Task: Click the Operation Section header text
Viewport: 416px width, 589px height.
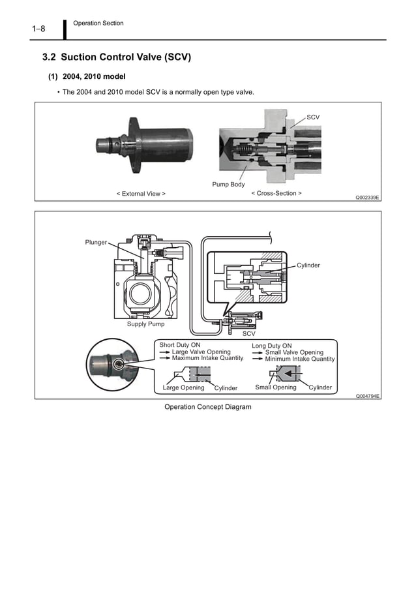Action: click(98, 23)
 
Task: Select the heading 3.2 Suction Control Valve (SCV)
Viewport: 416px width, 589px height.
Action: click(116, 57)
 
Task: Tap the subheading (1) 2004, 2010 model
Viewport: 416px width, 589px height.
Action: click(87, 77)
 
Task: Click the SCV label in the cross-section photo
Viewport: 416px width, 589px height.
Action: click(313, 117)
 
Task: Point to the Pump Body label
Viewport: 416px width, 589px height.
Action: click(228, 185)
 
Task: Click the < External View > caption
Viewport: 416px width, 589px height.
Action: click(141, 194)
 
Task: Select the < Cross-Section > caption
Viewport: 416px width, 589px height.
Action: click(276, 193)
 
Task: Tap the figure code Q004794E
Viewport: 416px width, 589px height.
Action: click(367, 396)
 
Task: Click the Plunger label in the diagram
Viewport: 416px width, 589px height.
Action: click(96, 243)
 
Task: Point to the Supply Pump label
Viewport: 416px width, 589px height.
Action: click(145, 324)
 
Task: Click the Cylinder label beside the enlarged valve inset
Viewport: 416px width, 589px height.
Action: click(308, 265)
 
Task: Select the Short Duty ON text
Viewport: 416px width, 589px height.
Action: click(180, 345)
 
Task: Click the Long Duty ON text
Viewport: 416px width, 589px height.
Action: click(271, 346)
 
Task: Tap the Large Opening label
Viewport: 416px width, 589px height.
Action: click(183, 387)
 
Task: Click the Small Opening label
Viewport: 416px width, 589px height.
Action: click(275, 387)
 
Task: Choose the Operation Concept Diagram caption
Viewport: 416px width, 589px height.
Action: click(207, 407)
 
